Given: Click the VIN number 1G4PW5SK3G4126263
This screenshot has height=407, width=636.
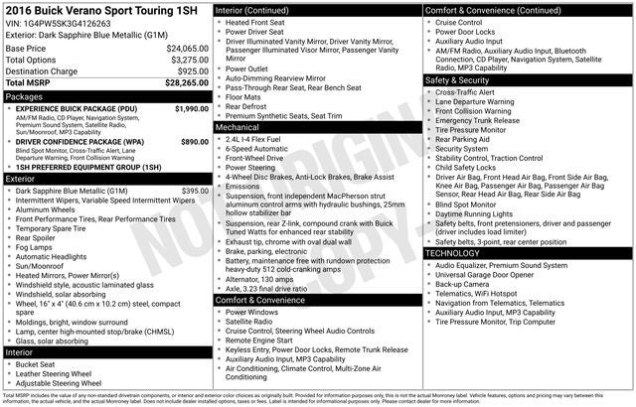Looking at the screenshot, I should click(63, 21).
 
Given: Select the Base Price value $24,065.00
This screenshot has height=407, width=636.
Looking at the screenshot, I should click(187, 48).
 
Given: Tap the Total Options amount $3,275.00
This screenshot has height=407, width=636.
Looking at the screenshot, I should click(189, 60).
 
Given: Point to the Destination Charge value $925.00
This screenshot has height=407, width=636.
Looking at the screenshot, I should click(193, 71).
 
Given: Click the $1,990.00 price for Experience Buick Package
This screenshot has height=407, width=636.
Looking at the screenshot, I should click(192, 108).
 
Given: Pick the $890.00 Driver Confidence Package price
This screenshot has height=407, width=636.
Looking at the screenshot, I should click(195, 142).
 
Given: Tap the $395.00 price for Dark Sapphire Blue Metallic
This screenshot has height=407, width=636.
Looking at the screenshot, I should click(195, 190).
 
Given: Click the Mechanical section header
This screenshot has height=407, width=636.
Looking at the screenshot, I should click(238, 127).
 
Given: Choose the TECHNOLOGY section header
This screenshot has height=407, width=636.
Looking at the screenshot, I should click(452, 253).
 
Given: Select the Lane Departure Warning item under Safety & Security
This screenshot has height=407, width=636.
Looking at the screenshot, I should click(474, 101).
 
